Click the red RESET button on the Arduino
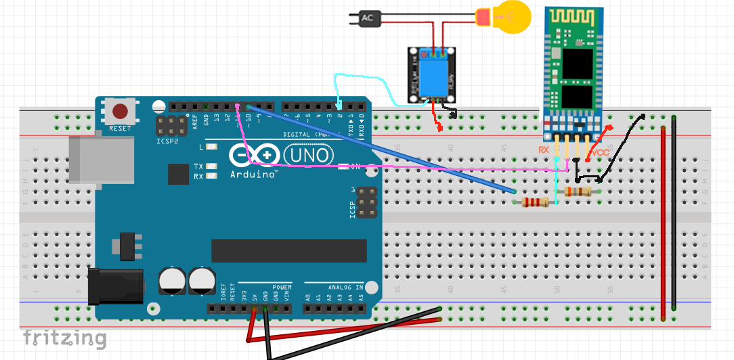(x=121, y=111)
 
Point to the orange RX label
(x=544, y=150)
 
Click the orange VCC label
(x=599, y=153)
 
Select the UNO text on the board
(x=308, y=156)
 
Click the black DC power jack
(x=116, y=284)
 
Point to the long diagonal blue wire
(x=379, y=149)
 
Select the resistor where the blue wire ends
(x=535, y=202)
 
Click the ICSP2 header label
(x=167, y=142)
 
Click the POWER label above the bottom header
(x=282, y=287)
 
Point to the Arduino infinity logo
(x=254, y=156)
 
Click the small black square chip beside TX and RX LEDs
(x=179, y=174)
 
